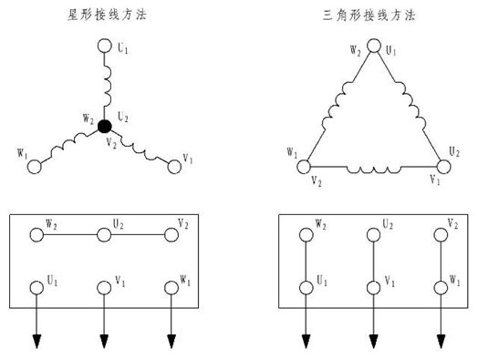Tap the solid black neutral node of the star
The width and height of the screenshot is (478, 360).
coord(105,126)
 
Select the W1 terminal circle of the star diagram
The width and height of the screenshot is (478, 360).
coord(36,167)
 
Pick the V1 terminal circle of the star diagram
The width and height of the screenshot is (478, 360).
coord(173,165)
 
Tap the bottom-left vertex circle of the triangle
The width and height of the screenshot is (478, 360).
coord(305,167)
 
